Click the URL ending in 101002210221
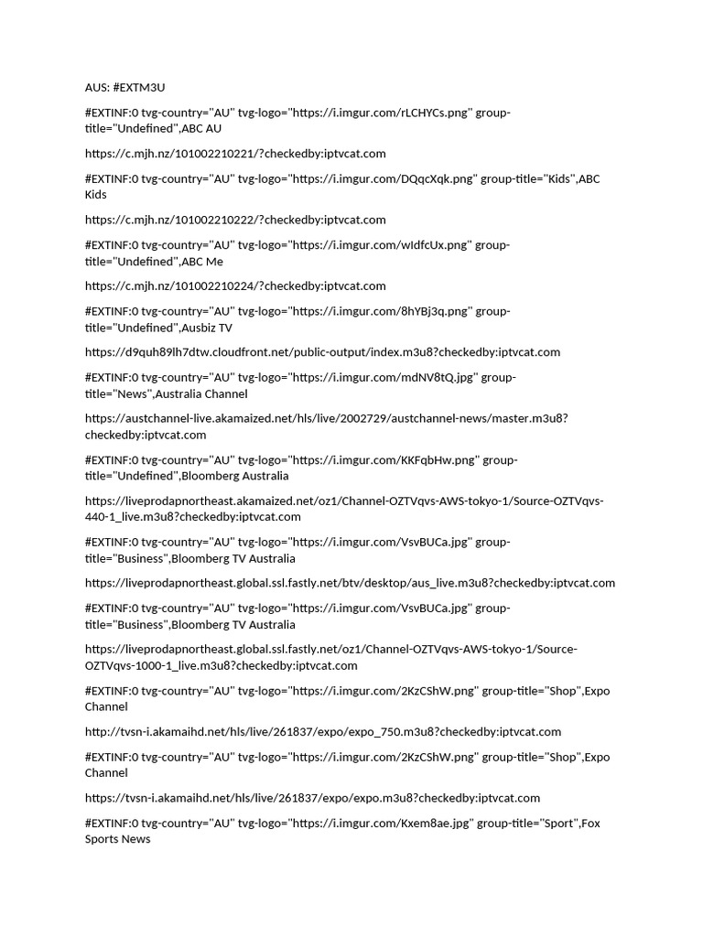(x=235, y=153)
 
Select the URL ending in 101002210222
(x=235, y=220)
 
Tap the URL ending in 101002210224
(x=235, y=285)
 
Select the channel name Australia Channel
(x=201, y=393)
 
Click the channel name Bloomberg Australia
(x=234, y=476)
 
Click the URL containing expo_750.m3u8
(x=322, y=731)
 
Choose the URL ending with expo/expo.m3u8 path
(x=312, y=798)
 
